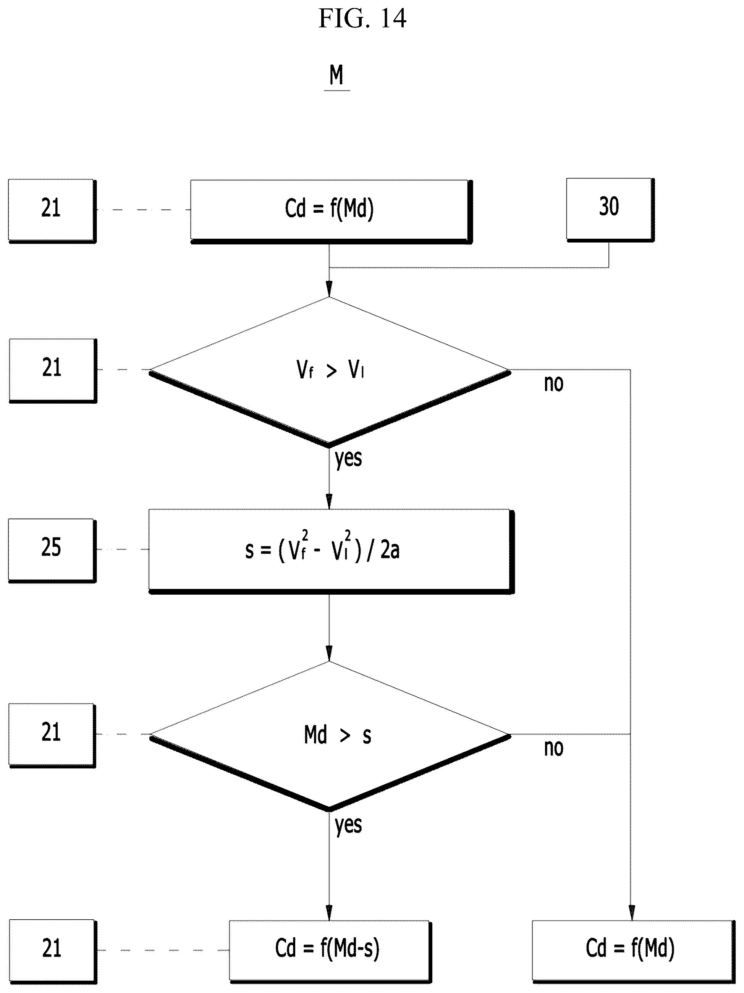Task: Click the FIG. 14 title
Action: tap(362, 19)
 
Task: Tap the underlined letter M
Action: tap(336, 75)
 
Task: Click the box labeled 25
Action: tap(52, 550)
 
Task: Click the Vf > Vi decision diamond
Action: tap(330, 372)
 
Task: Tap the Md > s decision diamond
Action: tap(330, 737)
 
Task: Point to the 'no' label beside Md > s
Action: tap(554, 748)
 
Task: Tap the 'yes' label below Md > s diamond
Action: tap(348, 825)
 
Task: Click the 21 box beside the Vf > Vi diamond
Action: tap(53, 371)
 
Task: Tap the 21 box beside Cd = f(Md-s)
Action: tap(52, 952)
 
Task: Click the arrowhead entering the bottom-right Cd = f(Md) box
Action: tap(631, 913)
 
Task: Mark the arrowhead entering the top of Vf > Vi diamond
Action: tap(329, 289)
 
